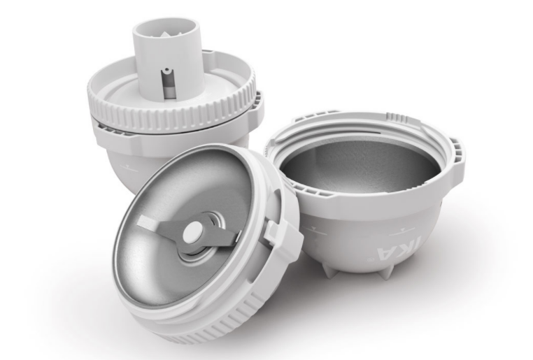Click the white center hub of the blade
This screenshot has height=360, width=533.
pos(193,232)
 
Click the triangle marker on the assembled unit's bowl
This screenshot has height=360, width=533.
pos(127,166)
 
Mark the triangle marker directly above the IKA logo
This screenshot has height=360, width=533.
pos(403,230)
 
